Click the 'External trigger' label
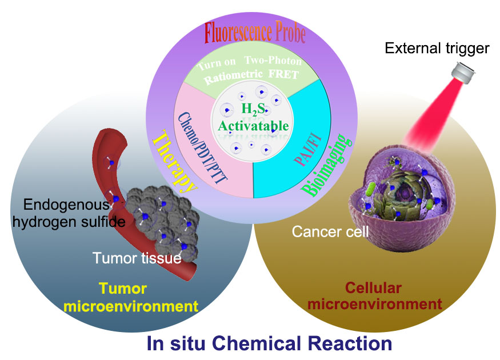click(x=437, y=49)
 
